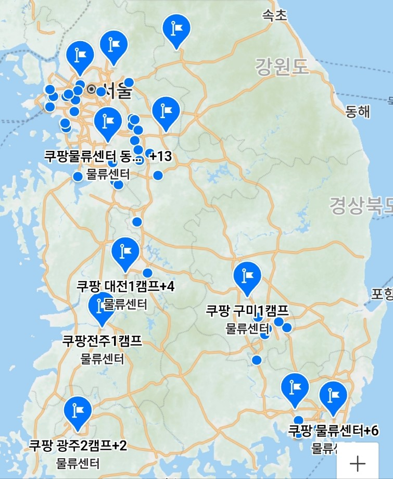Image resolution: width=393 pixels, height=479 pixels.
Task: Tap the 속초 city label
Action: pyautogui.click(x=274, y=15)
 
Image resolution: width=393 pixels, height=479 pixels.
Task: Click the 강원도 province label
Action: pyautogui.click(x=282, y=66)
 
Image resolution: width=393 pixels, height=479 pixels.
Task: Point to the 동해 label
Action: pyautogui.click(x=358, y=111)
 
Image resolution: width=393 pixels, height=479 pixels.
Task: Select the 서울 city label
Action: pyautogui.click(x=117, y=92)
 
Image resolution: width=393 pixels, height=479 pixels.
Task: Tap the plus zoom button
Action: pyautogui.click(x=358, y=462)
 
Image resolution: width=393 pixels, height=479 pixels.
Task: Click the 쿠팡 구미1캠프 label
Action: pyautogui.click(x=247, y=311)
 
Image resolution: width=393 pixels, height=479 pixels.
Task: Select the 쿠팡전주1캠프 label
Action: pyautogui.click(x=102, y=342)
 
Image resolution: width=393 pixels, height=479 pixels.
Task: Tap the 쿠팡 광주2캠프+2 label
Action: pyautogui.click(x=78, y=446)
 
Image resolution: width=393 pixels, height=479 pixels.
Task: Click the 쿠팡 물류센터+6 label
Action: pyautogui.click(x=334, y=431)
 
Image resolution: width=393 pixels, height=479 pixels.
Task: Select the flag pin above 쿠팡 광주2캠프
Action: pyautogui.click(x=78, y=411)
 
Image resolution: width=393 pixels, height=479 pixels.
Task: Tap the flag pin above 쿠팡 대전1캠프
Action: pyautogui.click(x=125, y=253)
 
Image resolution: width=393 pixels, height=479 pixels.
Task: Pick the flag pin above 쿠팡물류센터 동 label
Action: pyautogui.click(x=108, y=122)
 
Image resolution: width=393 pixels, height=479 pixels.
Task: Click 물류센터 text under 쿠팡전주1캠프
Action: pyautogui.click(x=103, y=359)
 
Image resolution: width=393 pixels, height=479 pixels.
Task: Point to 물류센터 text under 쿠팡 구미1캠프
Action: pyautogui.click(x=247, y=328)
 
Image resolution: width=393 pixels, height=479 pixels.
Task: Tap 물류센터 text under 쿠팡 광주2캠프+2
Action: pyautogui.click(x=78, y=462)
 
